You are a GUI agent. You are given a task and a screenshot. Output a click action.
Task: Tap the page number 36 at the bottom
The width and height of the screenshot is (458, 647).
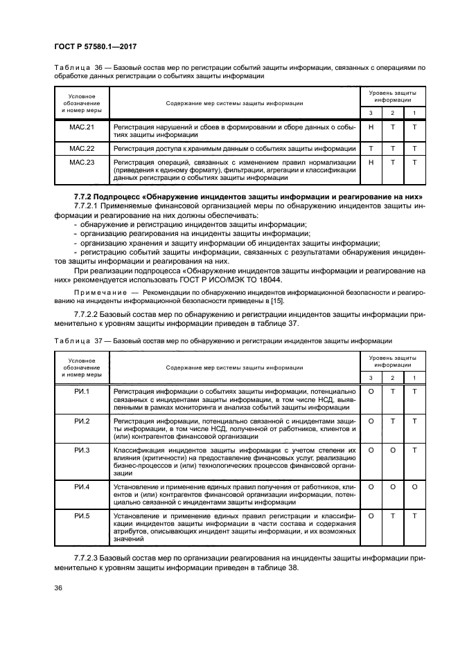pyautogui.click(x=59, y=588)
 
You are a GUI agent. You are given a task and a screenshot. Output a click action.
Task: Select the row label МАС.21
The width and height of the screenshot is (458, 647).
pyautogui.click(x=82, y=128)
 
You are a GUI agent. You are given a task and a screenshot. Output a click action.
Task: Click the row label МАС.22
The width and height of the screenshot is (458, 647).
pyautogui.click(x=82, y=149)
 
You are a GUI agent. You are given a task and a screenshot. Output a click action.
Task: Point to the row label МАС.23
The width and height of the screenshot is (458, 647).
pyautogui.click(x=82, y=162)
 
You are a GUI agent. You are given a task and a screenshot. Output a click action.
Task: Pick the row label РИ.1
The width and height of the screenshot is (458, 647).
pyautogui.click(x=82, y=392)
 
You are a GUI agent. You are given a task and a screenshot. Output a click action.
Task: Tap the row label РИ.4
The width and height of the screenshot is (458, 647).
pyautogui.click(x=82, y=488)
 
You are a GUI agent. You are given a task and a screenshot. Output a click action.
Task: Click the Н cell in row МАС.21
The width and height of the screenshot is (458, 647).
pyautogui.click(x=371, y=128)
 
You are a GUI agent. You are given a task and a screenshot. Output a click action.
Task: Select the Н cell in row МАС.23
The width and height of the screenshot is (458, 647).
pyautogui.click(x=371, y=162)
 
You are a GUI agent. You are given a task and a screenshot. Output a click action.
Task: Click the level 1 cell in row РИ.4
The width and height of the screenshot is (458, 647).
pyautogui.click(x=414, y=488)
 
